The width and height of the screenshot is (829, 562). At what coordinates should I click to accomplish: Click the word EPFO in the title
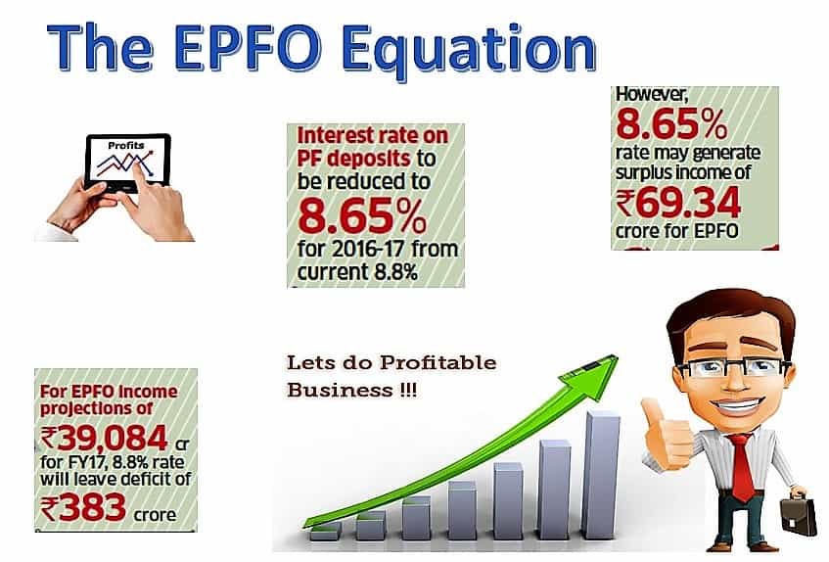247,48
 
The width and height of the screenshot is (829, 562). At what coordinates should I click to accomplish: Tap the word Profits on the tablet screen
126,145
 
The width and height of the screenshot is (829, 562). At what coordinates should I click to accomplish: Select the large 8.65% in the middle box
362,215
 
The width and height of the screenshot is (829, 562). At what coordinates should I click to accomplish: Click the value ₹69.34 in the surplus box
678,204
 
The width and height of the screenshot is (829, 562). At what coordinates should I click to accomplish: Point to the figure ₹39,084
104,438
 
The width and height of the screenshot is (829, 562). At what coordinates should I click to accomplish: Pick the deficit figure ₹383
83,507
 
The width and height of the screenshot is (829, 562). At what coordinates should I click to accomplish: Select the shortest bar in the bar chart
326,532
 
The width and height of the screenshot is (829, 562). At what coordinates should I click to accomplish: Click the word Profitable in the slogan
438,363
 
